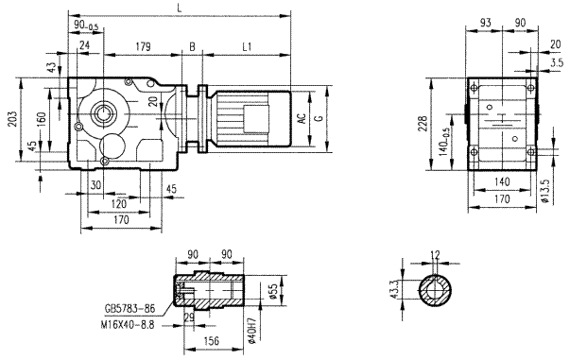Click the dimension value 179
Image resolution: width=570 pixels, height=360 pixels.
pyautogui.click(x=144, y=45)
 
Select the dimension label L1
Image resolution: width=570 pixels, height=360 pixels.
pyautogui.click(x=247, y=45)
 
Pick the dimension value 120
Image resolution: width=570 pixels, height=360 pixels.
pyautogui.click(x=119, y=203)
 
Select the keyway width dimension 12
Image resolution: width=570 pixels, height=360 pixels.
pyautogui.click(x=436, y=254)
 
